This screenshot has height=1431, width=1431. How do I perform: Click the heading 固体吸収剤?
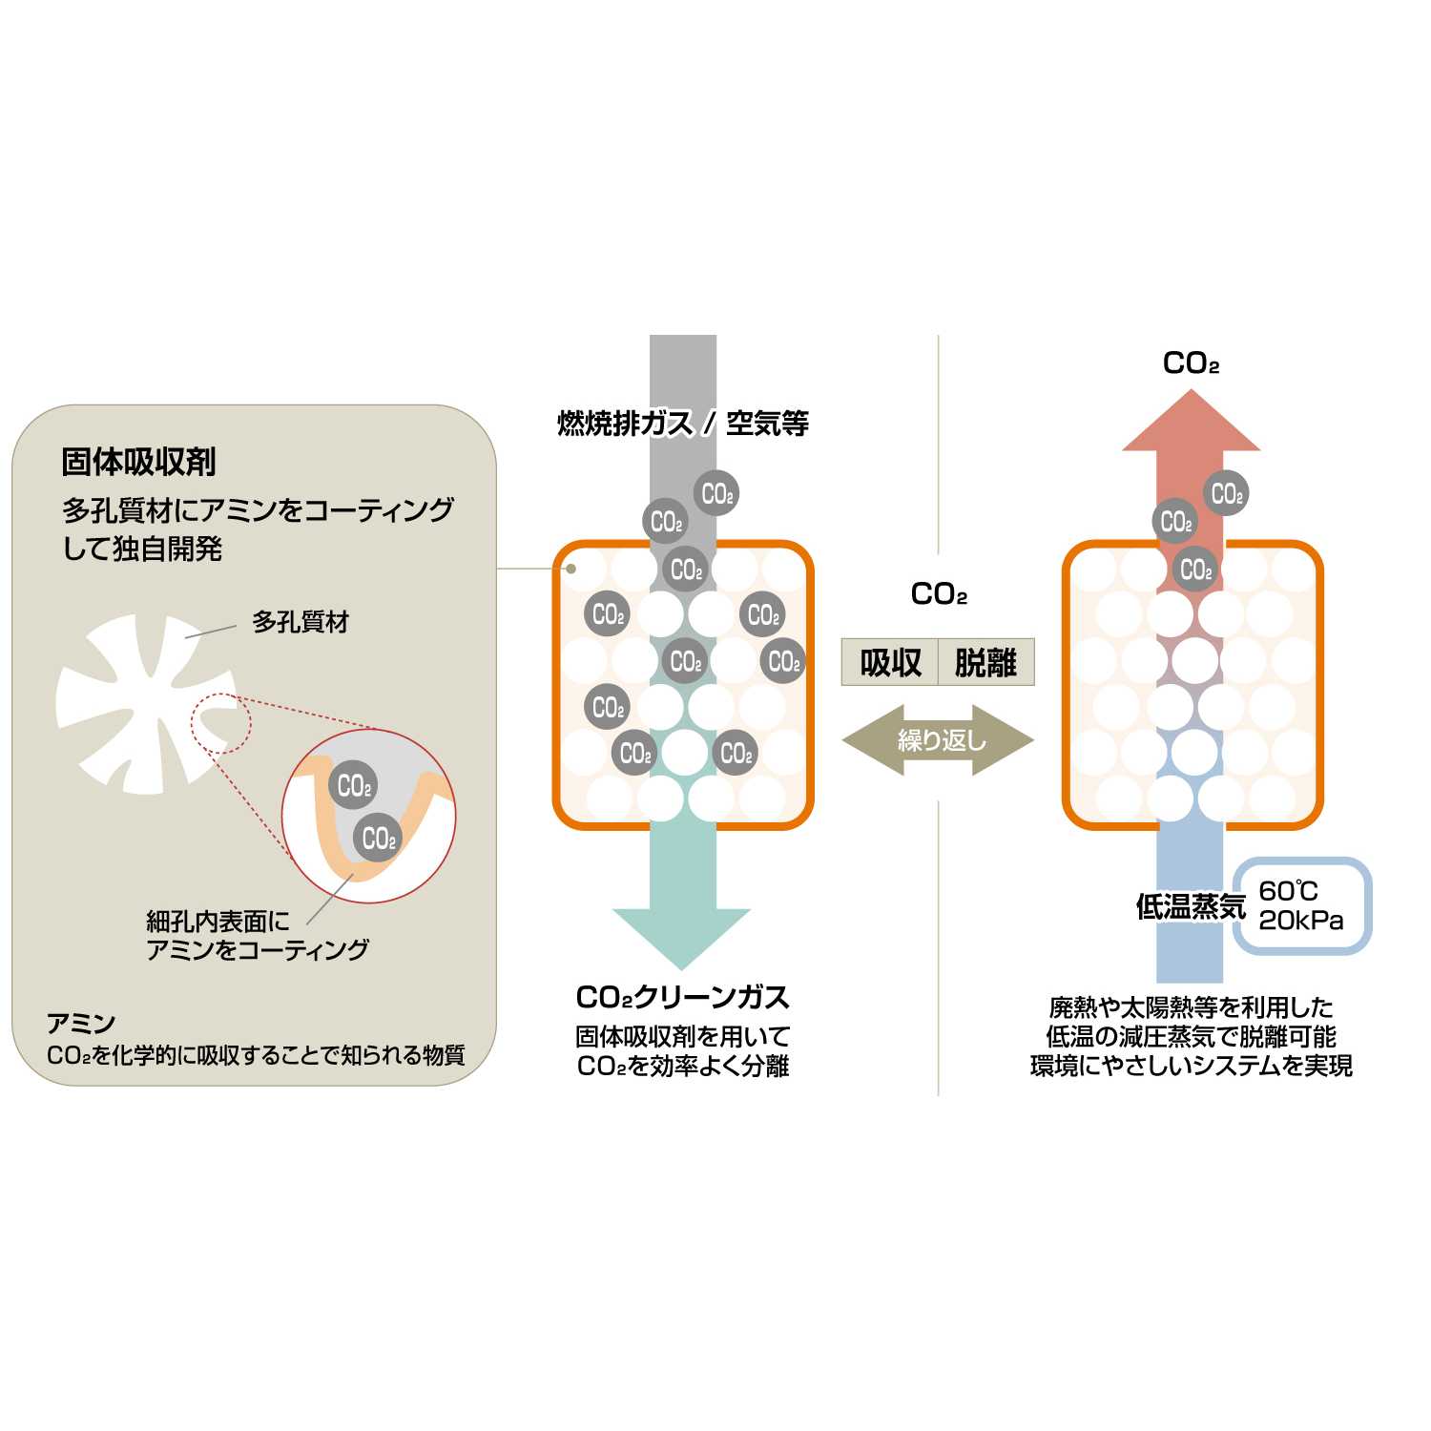(x=138, y=462)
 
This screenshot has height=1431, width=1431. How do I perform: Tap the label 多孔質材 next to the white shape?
(x=300, y=622)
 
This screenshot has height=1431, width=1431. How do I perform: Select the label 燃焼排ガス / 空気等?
(x=683, y=423)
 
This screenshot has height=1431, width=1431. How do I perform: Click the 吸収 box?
(x=890, y=662)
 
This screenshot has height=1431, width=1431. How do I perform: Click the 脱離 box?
(x=985, y=662)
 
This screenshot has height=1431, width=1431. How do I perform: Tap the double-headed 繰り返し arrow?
(x=939, y=740)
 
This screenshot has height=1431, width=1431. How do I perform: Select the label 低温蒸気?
(x=1190, y=906)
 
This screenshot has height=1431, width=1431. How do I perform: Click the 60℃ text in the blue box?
(x=1287, y=891)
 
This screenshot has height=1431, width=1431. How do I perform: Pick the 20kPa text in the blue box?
(x=1300, y=921)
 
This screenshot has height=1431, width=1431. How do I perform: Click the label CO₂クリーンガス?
(x=683, y=997)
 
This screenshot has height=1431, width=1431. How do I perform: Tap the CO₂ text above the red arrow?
(x=1191, y=363)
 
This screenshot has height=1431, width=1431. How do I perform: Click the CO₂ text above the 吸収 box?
(x=939, y=594)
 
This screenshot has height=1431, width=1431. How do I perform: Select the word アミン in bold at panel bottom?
(x=81, y=1024)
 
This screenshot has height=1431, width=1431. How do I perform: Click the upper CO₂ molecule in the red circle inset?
(x=354, y=786)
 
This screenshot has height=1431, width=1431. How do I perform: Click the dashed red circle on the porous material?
(x=220, y=723)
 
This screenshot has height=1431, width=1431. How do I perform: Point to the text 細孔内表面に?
(x=218, y=922)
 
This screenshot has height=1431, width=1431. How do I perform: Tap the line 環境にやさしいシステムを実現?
(x=1191, y=1066)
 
